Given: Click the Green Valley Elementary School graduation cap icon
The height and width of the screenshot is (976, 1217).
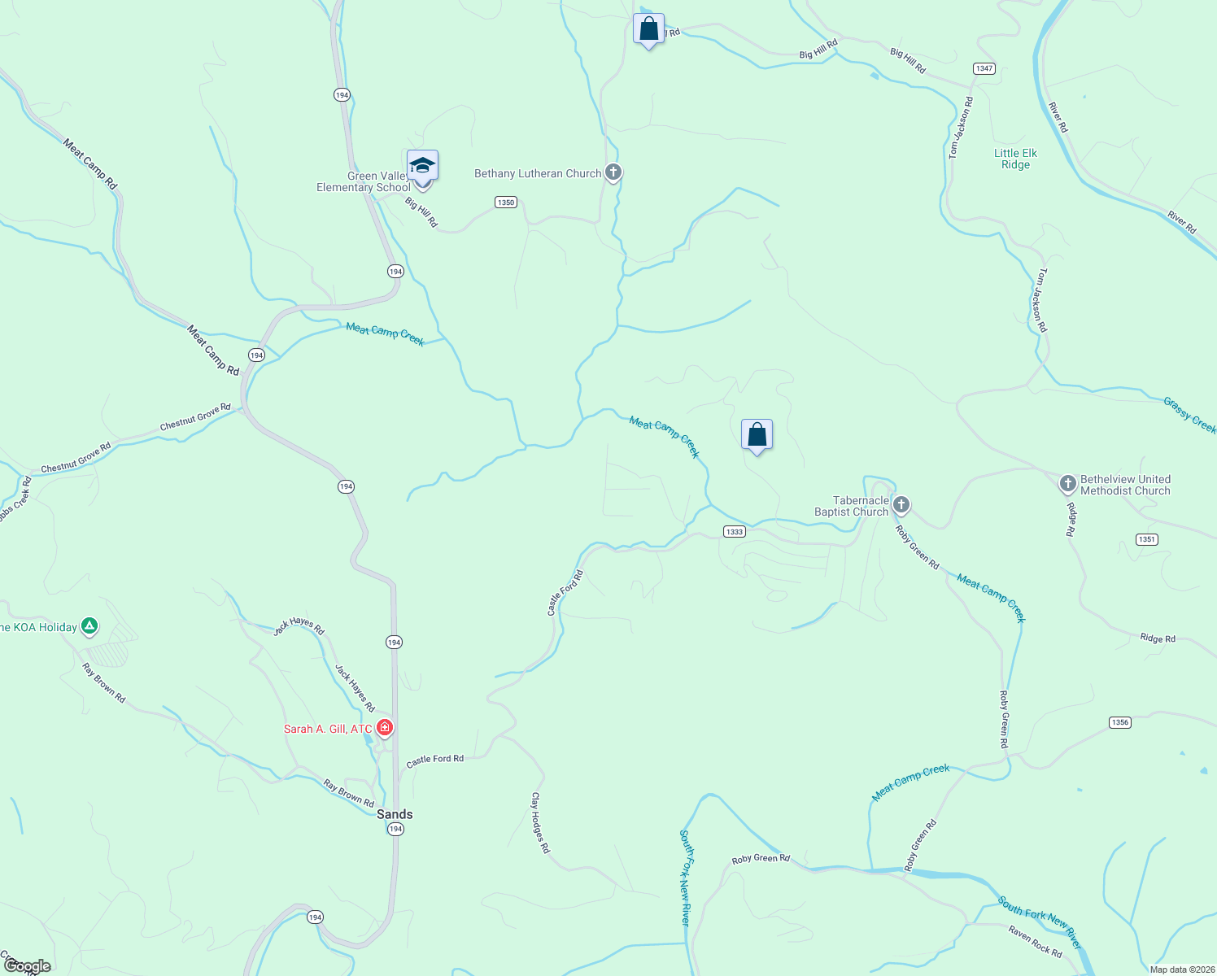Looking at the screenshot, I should (x=422, y=166).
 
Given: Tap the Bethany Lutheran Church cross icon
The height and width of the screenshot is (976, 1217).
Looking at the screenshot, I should (x=613, y=172).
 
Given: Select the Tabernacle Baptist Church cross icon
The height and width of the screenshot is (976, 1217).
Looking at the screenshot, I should (x=901, y=505).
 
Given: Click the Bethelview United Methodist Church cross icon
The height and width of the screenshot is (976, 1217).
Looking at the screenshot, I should (x=1068, y=484).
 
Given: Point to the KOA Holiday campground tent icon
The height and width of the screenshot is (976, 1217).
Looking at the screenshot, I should (x=89, y=626).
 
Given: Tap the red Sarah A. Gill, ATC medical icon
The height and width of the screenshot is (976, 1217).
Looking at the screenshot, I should (x=385, y=728).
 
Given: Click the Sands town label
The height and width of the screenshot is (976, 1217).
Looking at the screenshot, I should (x=395, y=814).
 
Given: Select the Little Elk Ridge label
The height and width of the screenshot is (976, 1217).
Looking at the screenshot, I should (x=1015, y=159).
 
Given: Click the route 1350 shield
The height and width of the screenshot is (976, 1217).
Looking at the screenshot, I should (x=506, y=202).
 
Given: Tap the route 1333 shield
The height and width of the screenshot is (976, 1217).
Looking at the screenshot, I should (x=734, y=531).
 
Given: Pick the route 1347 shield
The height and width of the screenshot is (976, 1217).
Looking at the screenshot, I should (x=984, y=68).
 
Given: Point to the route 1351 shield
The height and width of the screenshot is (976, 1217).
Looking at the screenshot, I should (x=1147, y=539).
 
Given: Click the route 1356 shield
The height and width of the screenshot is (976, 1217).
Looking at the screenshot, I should (x=1120, y=722).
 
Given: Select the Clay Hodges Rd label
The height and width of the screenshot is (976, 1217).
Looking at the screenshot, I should (x=541, y=822).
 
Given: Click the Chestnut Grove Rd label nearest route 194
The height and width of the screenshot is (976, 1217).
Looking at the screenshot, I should (x=195, y=417).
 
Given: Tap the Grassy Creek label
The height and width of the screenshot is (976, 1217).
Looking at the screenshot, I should (x=1189, y=415).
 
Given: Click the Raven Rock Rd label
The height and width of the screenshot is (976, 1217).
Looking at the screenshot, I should (x=1035, y=941).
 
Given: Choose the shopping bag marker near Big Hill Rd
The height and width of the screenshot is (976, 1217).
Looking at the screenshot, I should (x=648, y=29).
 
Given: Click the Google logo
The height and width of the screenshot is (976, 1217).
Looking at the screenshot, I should (x=28, y=966).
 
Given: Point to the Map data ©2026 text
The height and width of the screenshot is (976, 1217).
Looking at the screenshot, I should (x=1182, y=969).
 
